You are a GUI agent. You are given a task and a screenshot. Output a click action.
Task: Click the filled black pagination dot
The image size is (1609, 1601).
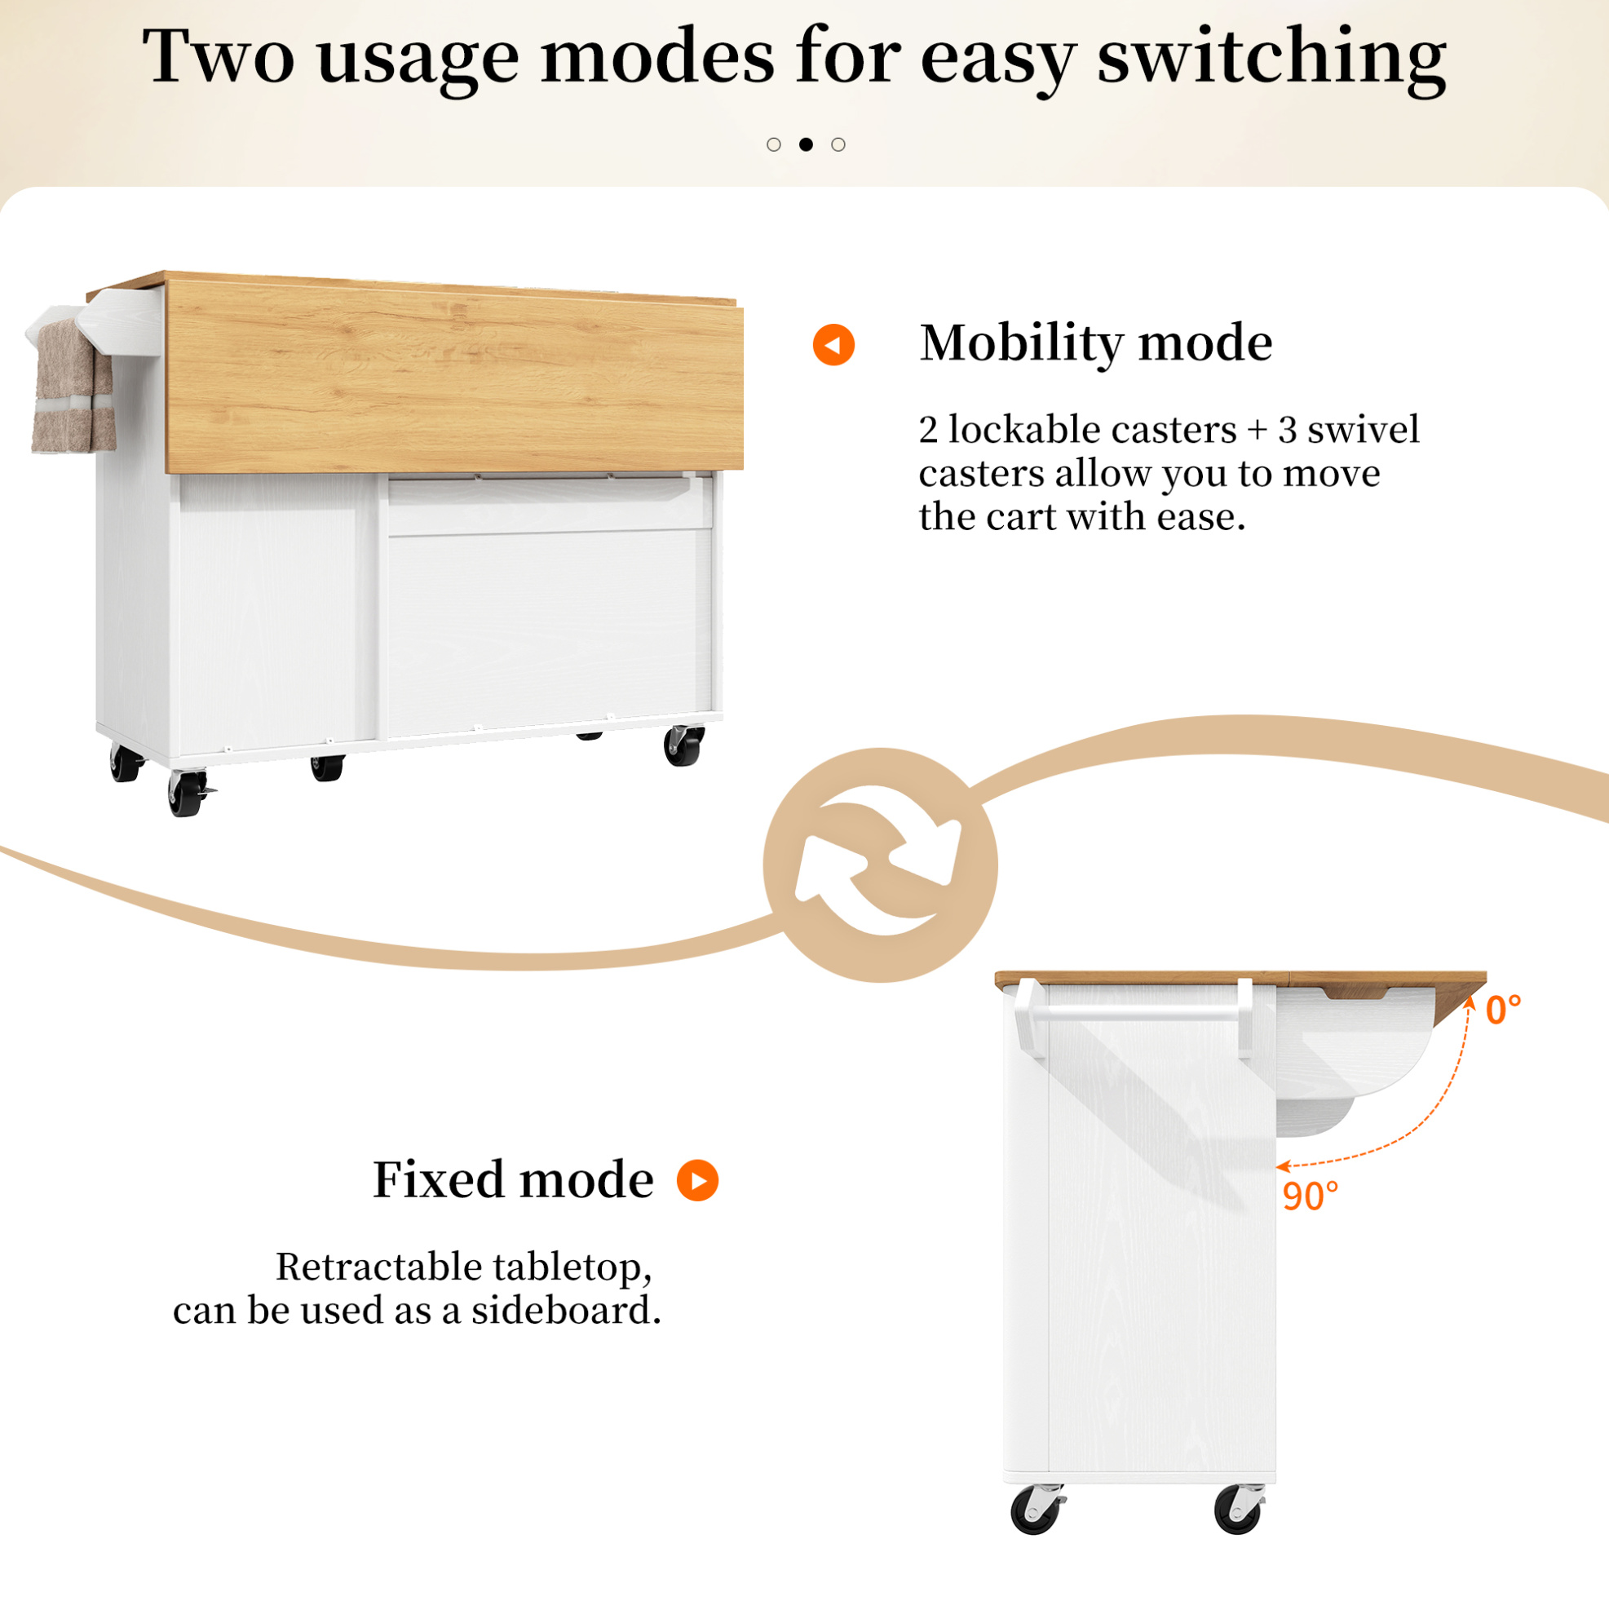[806, 144]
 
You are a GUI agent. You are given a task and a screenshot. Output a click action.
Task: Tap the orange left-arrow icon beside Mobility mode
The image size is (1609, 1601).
[833, 344]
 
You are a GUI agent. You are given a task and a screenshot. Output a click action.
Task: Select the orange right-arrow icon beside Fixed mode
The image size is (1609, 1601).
[697, 1179]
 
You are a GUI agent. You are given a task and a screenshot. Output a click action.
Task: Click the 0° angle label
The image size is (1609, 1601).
[1503, 1011]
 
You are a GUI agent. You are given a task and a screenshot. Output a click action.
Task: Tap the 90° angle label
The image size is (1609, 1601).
[1310, 1196]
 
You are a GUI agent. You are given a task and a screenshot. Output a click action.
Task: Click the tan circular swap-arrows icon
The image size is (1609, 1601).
[880, 865]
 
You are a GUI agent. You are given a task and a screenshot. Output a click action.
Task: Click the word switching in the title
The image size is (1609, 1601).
[1271, 58]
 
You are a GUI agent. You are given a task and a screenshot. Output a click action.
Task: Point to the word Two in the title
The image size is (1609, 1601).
[219, 55]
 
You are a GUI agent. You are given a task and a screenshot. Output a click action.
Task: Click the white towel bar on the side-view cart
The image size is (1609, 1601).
[1136, 1014]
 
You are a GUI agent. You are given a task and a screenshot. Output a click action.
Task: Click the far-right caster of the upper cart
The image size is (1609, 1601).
[683, 745]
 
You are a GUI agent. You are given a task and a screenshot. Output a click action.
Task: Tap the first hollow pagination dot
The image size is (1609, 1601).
[774, 144]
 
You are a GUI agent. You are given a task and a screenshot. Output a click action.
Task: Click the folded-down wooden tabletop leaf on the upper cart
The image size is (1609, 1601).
[455, 377]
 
